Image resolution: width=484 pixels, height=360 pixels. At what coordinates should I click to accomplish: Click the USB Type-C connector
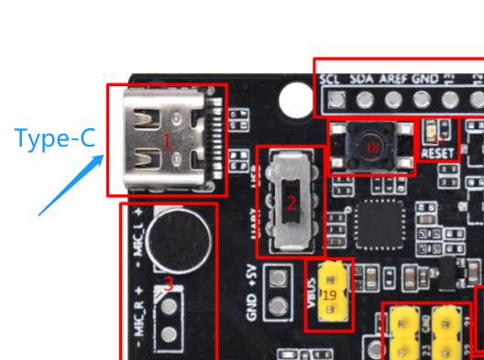pos(166,140)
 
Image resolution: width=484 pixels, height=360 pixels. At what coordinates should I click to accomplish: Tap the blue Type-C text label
pos(54,139)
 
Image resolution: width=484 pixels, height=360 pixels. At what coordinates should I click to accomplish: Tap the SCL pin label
pos(331,80)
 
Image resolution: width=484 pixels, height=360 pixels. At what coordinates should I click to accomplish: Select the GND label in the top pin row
pos(423,80)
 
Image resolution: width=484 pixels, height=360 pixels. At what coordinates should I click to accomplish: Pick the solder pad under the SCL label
pos(337,99)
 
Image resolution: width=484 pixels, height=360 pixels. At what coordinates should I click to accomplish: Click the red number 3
pos(168,283)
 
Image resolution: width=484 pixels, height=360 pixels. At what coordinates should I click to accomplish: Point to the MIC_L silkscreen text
pos(137,240)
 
